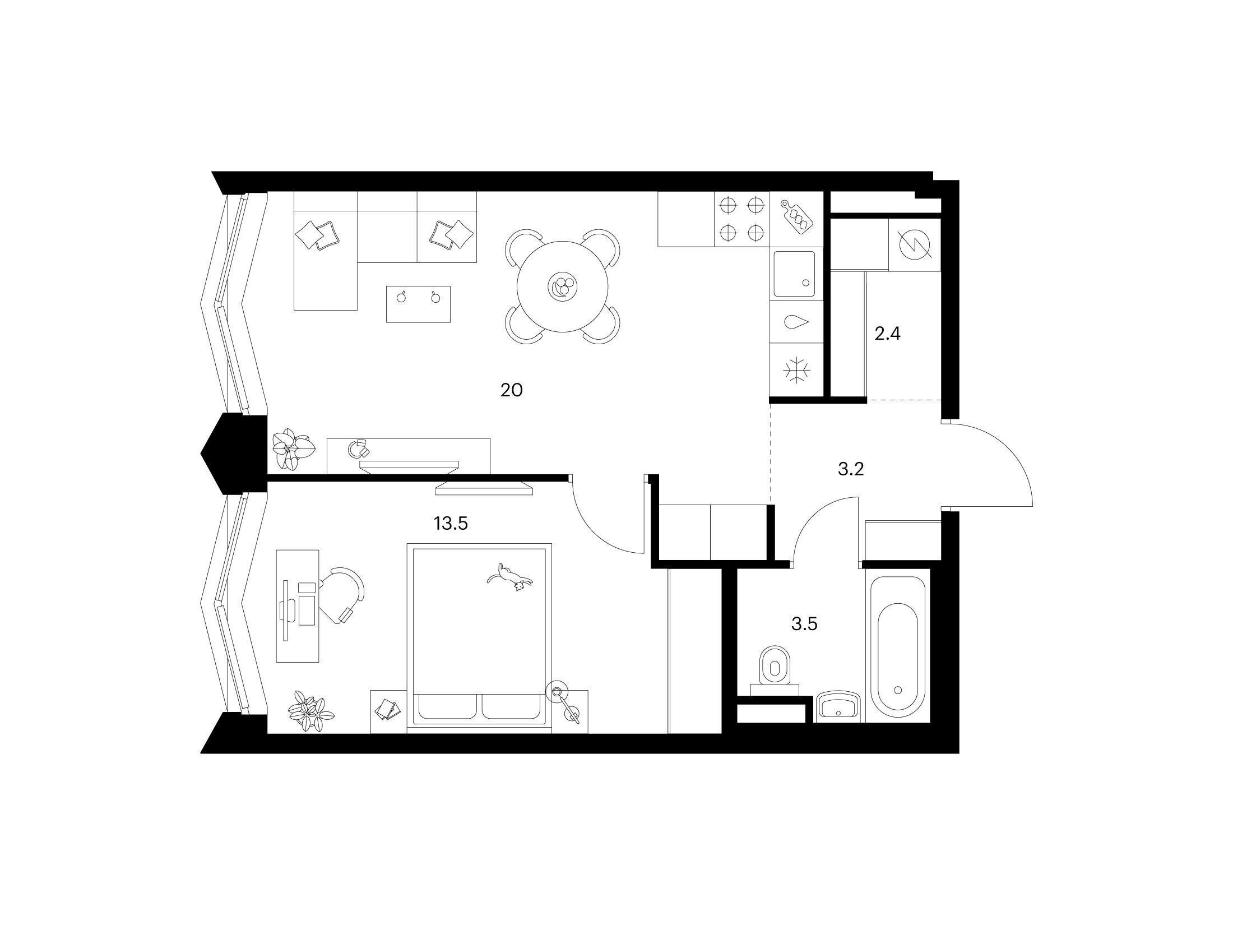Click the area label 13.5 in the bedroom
[x=450, y=524]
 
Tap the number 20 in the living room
[x=511, y=390]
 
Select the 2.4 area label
[x=887, y=334]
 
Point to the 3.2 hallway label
[x=851, y=469]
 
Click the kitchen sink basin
[x=794, y=274]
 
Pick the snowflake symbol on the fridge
[x=796, y=370]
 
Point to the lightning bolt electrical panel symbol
[x=914, y=245]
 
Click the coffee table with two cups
[x=418, y=304]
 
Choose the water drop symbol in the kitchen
[x=797, y=322]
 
